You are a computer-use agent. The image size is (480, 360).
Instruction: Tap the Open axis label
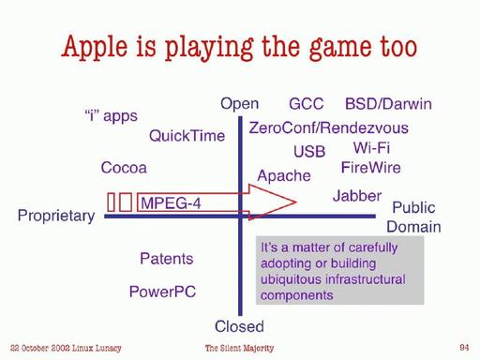click(x=239, y=103)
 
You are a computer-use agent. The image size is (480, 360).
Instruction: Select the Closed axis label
click(x=239, y=326)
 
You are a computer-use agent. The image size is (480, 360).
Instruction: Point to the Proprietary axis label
click(x=56, y=217)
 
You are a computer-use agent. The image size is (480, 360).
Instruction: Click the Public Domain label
click(x=413, y=217)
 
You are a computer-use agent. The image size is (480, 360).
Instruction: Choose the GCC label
click(x=307, y=103)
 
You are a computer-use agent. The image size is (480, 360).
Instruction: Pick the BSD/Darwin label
click(x=388, y=103)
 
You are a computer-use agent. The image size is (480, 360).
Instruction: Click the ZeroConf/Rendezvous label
click(x=328, y=128)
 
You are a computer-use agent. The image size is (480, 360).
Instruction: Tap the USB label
click(x=309, y=152)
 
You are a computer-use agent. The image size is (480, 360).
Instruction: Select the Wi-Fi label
click(x=371, y=148)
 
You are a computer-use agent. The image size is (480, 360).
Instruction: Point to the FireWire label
click(x=370, y=168)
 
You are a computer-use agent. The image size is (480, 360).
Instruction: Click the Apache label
click(x=284, y=175)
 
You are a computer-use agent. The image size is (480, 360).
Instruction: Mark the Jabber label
click(x=357, y=196)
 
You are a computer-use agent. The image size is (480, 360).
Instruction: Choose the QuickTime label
click(x=187, y=136)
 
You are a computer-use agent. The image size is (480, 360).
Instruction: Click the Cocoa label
click(x=124, y=169)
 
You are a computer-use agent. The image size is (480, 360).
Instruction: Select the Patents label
click(x=166, y=259)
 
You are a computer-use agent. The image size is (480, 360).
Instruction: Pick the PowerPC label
click(x=162, y=292)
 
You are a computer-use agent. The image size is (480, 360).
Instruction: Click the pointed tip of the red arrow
click(x=295, y=202)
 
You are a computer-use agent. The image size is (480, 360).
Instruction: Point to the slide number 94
click(x=464, y=348)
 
